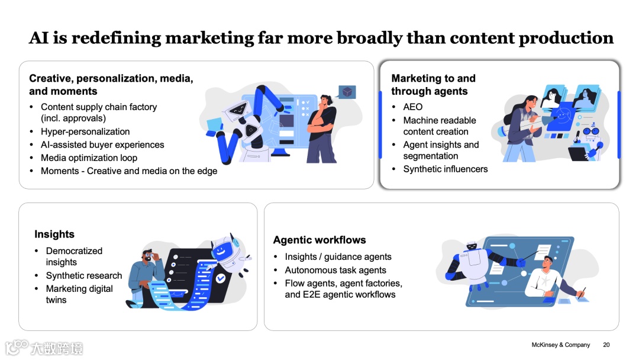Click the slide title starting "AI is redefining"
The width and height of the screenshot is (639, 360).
pyautogui.click(x=321, y=38)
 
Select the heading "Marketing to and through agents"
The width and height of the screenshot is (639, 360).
pyautogui.click(x=433, y=85)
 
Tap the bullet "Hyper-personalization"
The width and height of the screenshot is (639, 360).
pyautogui.click(x=85, y=131)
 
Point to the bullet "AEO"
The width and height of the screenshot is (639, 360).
pyautogui.click(x=413, y=107)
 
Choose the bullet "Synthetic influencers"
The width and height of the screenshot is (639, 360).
pyautogui.click(x=446, y=169)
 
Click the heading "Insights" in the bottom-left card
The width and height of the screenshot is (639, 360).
pyautogui.click(x=54, y=234)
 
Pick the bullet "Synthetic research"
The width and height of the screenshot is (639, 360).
pyautogui.click(x=84, y=275)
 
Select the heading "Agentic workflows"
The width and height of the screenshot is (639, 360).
pyautogui.click(x=319, y=240)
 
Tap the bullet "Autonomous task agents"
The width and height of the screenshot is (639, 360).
pyautogui.click(x=335, y=270)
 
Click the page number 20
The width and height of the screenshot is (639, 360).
pyautogui.click(x=606, y=345)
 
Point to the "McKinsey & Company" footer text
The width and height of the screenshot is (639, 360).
pyautogui.click(x=560, y=345)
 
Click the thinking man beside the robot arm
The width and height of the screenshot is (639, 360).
pyautogui.click(x=322, y=127)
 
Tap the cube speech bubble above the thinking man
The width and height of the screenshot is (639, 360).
pyautogui.click(x=347, y=92)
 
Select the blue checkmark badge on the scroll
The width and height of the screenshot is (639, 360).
pyautogui.click(x=220, y=277)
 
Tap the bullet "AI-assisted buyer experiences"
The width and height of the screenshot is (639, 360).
pyautogui.click(x=102, y=144)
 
